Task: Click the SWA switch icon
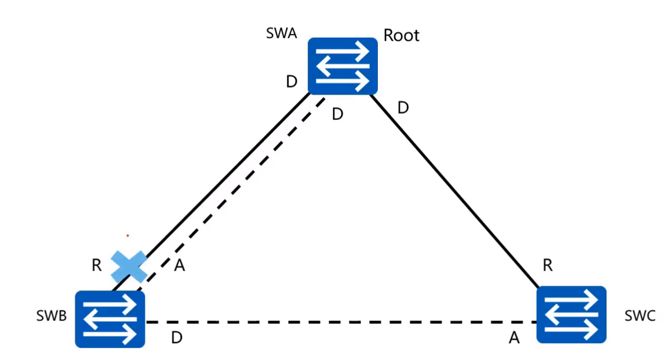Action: (x=343, y=66)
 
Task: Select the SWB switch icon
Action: (x=110, y=318)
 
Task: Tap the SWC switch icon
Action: (x=571, y=314)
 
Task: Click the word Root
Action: (x=401, y=36)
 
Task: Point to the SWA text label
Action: (x=281, y=33)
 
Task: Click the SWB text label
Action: (x=51, y=316)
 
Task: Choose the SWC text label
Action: (x=640, y=316)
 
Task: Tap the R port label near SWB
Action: (x=97, y=266)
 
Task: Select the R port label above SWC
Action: (x=547, y=266)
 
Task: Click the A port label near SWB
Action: (x=180, y=266)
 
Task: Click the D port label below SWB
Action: (x=177, y=338)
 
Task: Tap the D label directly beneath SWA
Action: (x=337, y=114)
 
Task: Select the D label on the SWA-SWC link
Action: (x=403, y=108)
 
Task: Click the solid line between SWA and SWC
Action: (x=452, y=188)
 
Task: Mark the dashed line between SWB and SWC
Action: (x=342, y=322)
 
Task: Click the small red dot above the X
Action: (x=128, y=236)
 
